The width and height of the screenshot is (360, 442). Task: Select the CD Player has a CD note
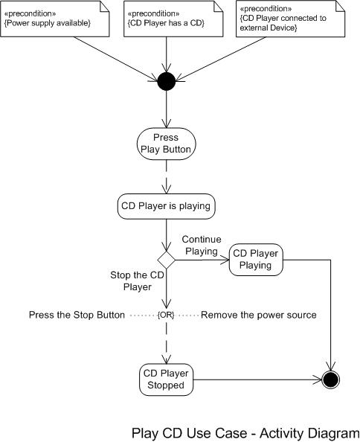coord(165,18)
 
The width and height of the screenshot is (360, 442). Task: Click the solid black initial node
coord(167,80)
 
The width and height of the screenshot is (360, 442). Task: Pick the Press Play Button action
coord(167,142)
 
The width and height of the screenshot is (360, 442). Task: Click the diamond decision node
coord(167,260)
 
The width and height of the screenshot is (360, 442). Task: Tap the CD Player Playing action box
coord(256,260)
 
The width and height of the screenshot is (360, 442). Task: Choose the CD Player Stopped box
coord(167,379)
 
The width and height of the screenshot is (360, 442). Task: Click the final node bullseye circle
coord(331,379)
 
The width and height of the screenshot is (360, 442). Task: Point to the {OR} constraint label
coord(167,315)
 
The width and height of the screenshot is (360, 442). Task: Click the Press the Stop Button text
coord(77,315)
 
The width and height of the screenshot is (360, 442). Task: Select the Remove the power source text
coord(259,315)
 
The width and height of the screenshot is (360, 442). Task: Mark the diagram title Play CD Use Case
coord(245,432)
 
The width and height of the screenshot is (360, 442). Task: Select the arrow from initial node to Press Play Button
coord(167,108)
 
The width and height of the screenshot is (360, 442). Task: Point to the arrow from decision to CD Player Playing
coord(202,260)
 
